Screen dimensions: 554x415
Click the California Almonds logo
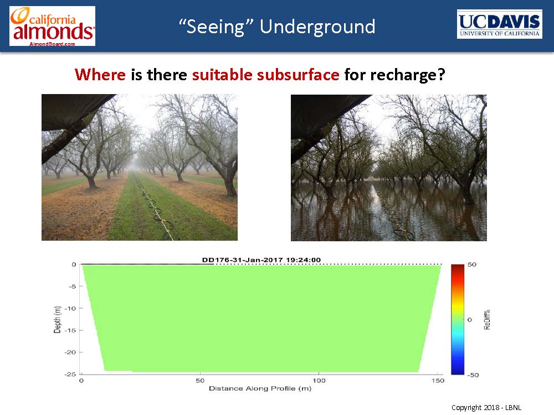52,26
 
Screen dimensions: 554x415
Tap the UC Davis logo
499,24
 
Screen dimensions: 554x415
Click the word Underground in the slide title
317,27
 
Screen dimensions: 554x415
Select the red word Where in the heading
100,75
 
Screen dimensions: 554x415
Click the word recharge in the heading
394,75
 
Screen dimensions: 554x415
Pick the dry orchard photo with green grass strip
140,167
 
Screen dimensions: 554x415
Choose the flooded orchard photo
389,168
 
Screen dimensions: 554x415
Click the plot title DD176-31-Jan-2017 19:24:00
261,260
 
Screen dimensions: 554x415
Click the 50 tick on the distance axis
200,381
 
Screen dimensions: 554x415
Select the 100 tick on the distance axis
319,381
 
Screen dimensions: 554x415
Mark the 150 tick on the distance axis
438,381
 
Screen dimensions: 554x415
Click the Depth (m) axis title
57,319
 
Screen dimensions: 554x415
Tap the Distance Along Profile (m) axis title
260,388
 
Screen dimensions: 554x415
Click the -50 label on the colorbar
473,375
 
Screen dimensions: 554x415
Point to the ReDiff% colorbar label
487,319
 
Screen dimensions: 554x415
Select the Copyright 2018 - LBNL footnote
486,408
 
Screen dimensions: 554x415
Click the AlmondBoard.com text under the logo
52,44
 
